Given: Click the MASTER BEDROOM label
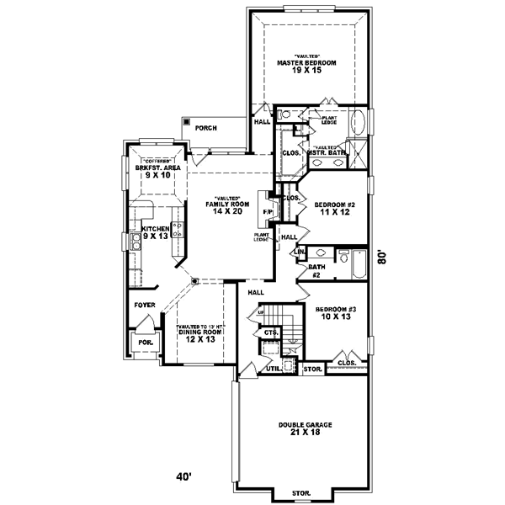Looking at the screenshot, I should point(306,63).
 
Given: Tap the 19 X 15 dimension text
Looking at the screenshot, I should point(306,72).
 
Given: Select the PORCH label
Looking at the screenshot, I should point(205,128).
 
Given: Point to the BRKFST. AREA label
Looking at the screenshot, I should point(157,168).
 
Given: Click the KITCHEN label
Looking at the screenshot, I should point(156,228).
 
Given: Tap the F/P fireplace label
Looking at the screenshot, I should point(267,210).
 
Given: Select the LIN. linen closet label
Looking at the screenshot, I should point(299,252).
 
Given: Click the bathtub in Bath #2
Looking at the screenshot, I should point(359,265).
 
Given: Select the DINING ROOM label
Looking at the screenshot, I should point(199,332).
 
